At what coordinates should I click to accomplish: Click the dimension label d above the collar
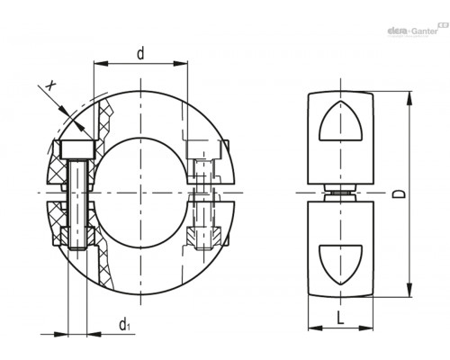click(x=140, y=53)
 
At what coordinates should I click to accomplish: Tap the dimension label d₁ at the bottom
click(x=125, y=325)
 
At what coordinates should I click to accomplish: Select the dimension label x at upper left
click(x=50, y=85)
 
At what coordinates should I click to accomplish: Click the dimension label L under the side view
click(x=340, y=318)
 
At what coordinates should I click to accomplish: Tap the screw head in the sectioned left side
click(x=78, y=149)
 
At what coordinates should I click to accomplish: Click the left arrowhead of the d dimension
click(x=101, y=63)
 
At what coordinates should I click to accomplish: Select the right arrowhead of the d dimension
click(x=180, y=63)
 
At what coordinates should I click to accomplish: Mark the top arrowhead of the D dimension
click(x=409, y=99)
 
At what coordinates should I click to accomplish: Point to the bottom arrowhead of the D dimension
click(x=409, y=290)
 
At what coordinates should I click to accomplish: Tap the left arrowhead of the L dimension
click(x=315, y=328)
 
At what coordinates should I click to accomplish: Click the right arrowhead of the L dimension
click(x=365, y=328)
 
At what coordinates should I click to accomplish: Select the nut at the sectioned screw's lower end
click(x=78, y=236)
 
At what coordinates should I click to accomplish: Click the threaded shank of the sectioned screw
click(x=78, y=204)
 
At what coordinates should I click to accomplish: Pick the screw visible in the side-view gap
click(x=340, y=193)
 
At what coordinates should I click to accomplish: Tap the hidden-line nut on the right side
click(x=204, y=237)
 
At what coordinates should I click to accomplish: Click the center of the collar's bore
click(x=140, y=193)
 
